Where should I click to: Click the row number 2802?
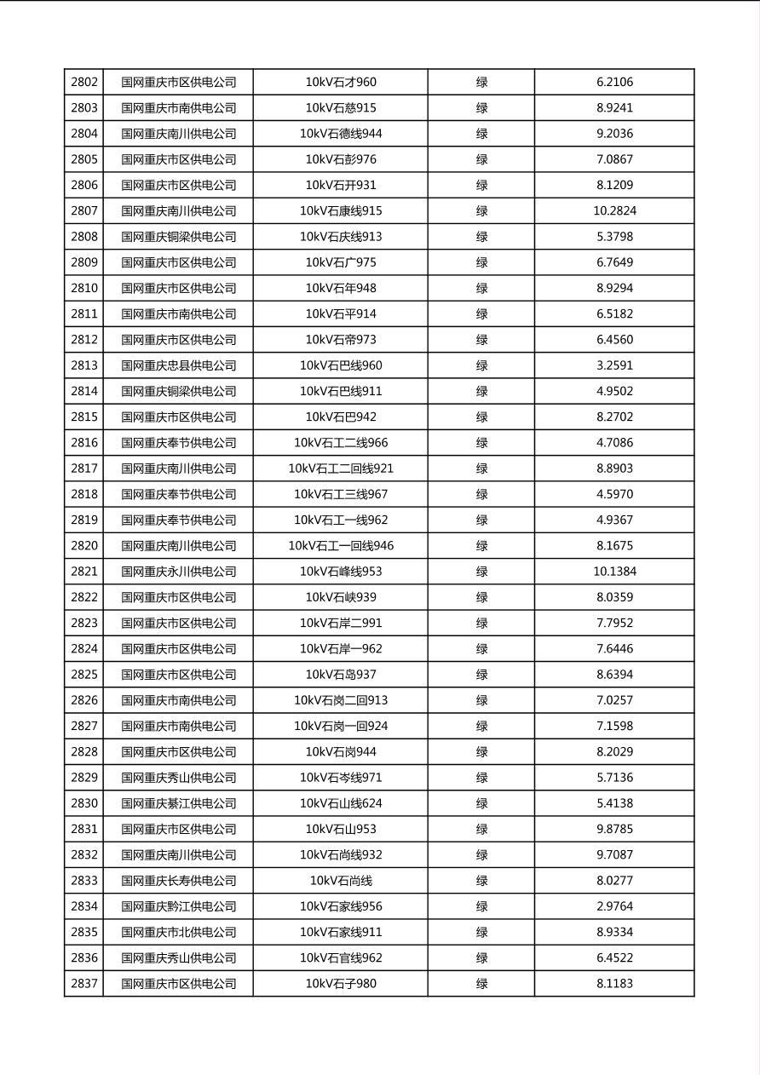(x=84, y=83)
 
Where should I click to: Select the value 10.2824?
(x=614, y=211)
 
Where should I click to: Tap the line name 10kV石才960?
(x=341, y=83)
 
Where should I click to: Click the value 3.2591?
(x=614, y=365)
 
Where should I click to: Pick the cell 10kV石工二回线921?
(x=341, y=469)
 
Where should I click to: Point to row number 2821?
(x=84, y=572)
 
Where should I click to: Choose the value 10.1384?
(x=614, y=572)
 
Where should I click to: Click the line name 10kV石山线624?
(x=341, y=803)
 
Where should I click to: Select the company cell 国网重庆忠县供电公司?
(x=178, y=365)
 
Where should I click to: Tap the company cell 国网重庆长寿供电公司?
(x=178, y=881)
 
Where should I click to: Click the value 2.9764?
(x=614, y=906)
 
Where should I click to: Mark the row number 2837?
(x=84, y=984)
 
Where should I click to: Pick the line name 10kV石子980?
(x=341, y=984)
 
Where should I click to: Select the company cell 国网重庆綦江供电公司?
(x=178, y=803)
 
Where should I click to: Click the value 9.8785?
(x=614, y=829)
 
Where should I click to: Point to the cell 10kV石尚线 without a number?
(x=341, y=881)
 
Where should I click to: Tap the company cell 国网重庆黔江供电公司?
(x=178, y=906)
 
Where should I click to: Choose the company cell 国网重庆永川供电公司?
(x=178, y=572)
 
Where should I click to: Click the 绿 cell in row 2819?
(x=481, y=520)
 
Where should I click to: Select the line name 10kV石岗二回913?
(x=341, y=700)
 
